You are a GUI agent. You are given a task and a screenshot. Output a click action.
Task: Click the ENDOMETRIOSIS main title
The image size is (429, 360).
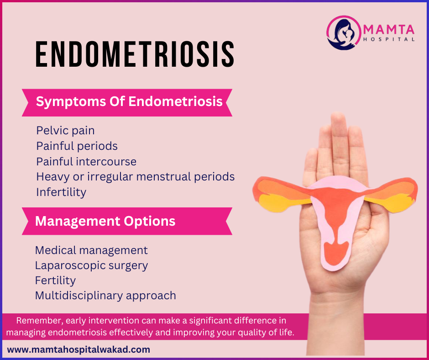[x=135, y=54]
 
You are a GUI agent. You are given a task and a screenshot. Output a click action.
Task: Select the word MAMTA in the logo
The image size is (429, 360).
[x=389, y=30]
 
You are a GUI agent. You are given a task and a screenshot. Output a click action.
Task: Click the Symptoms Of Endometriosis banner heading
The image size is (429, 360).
[x=129, y=101]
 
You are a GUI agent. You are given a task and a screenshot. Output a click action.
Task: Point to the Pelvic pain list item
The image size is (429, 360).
[x=65, y=130]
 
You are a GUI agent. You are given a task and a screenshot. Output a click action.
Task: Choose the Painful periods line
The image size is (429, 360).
[x=77, y=146]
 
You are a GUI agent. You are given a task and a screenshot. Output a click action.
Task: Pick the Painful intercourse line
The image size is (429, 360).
[x=86, y=161]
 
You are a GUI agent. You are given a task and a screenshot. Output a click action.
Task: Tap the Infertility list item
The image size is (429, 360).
[x=61, y=192]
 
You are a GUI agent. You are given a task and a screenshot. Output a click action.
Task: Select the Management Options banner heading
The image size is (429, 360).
[x=105, y=221]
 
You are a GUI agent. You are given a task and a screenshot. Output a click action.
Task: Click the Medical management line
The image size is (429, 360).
[x=91, y=250]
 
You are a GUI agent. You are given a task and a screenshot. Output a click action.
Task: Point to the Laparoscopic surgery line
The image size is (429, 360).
[x=92, y=265]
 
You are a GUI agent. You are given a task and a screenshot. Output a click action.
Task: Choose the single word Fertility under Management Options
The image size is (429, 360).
[x=56, y=281]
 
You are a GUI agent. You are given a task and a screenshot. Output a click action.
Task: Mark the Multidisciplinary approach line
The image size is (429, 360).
[x=105, y=296]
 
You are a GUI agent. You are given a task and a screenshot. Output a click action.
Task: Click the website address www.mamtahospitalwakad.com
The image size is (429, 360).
[x=78, y=349]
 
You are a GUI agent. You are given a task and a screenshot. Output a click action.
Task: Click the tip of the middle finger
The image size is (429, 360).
[x=338, y=113]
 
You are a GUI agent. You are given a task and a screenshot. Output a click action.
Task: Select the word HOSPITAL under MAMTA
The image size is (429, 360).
[x=389, y=39]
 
